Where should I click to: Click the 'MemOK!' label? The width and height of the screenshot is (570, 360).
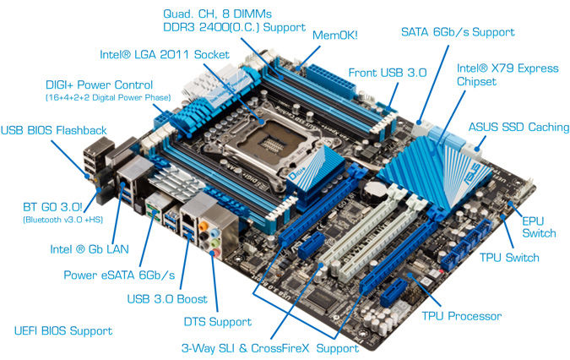[x=334, y=36]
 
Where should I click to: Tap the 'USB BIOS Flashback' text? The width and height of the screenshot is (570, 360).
[x=53, y=129]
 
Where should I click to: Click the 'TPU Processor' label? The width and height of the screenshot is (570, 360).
[x=463, y=316]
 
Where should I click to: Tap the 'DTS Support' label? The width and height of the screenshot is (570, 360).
[x=217, y=322]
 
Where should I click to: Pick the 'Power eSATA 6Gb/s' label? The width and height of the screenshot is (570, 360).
[x=119, y=275]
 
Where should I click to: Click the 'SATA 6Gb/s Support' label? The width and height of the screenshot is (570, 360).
[x=457, y=33]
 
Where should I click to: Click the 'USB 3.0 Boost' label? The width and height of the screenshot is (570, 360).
[x=167, y=298]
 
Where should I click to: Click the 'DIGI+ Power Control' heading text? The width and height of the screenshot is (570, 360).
[x=99, y=85]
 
